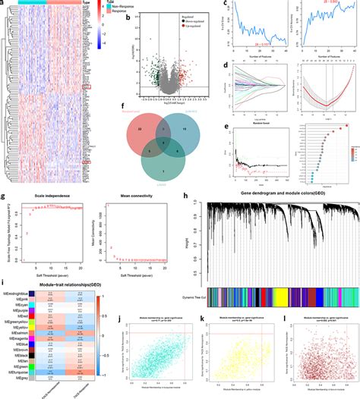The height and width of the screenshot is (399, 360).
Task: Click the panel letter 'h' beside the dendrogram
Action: (185, 196)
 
